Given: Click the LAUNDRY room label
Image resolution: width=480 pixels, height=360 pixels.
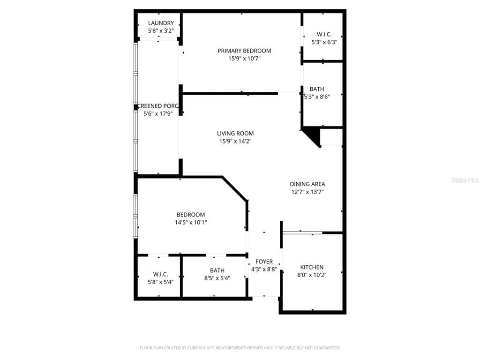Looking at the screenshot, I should point(161,23).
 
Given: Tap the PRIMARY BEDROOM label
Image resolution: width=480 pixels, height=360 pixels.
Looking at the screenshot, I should point(244,51).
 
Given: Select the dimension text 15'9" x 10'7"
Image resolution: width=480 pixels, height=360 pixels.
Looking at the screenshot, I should point(244,59).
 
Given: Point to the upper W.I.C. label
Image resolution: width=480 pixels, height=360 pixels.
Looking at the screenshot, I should point(324,34).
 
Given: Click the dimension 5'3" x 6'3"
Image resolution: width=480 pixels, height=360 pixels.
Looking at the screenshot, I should point(324,42).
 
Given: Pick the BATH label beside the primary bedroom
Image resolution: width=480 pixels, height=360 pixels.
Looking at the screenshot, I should point(316,89).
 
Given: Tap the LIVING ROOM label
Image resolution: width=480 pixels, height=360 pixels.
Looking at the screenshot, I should point(235,134).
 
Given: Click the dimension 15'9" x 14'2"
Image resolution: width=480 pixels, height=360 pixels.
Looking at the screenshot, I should point(235,142).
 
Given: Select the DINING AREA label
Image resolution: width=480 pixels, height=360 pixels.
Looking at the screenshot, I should point(307,184).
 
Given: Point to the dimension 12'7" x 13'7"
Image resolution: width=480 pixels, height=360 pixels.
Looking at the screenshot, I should point(307,192).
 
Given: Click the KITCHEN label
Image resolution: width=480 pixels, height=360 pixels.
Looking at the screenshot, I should point(312,267).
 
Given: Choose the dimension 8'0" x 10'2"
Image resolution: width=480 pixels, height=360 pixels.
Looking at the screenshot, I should point(312,275).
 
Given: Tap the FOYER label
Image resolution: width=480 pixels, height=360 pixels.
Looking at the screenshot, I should point(264,262).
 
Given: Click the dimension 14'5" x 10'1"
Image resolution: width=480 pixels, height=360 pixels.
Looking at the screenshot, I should point(191,223).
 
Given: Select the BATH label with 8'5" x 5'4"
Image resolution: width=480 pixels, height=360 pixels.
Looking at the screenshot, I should point(217,270).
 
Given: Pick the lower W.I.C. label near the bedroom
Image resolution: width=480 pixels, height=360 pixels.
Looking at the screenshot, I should point(160,274).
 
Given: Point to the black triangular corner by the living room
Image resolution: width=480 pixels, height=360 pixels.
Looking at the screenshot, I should point(313,136).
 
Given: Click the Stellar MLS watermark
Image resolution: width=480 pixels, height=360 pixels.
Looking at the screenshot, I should point(465,180).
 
